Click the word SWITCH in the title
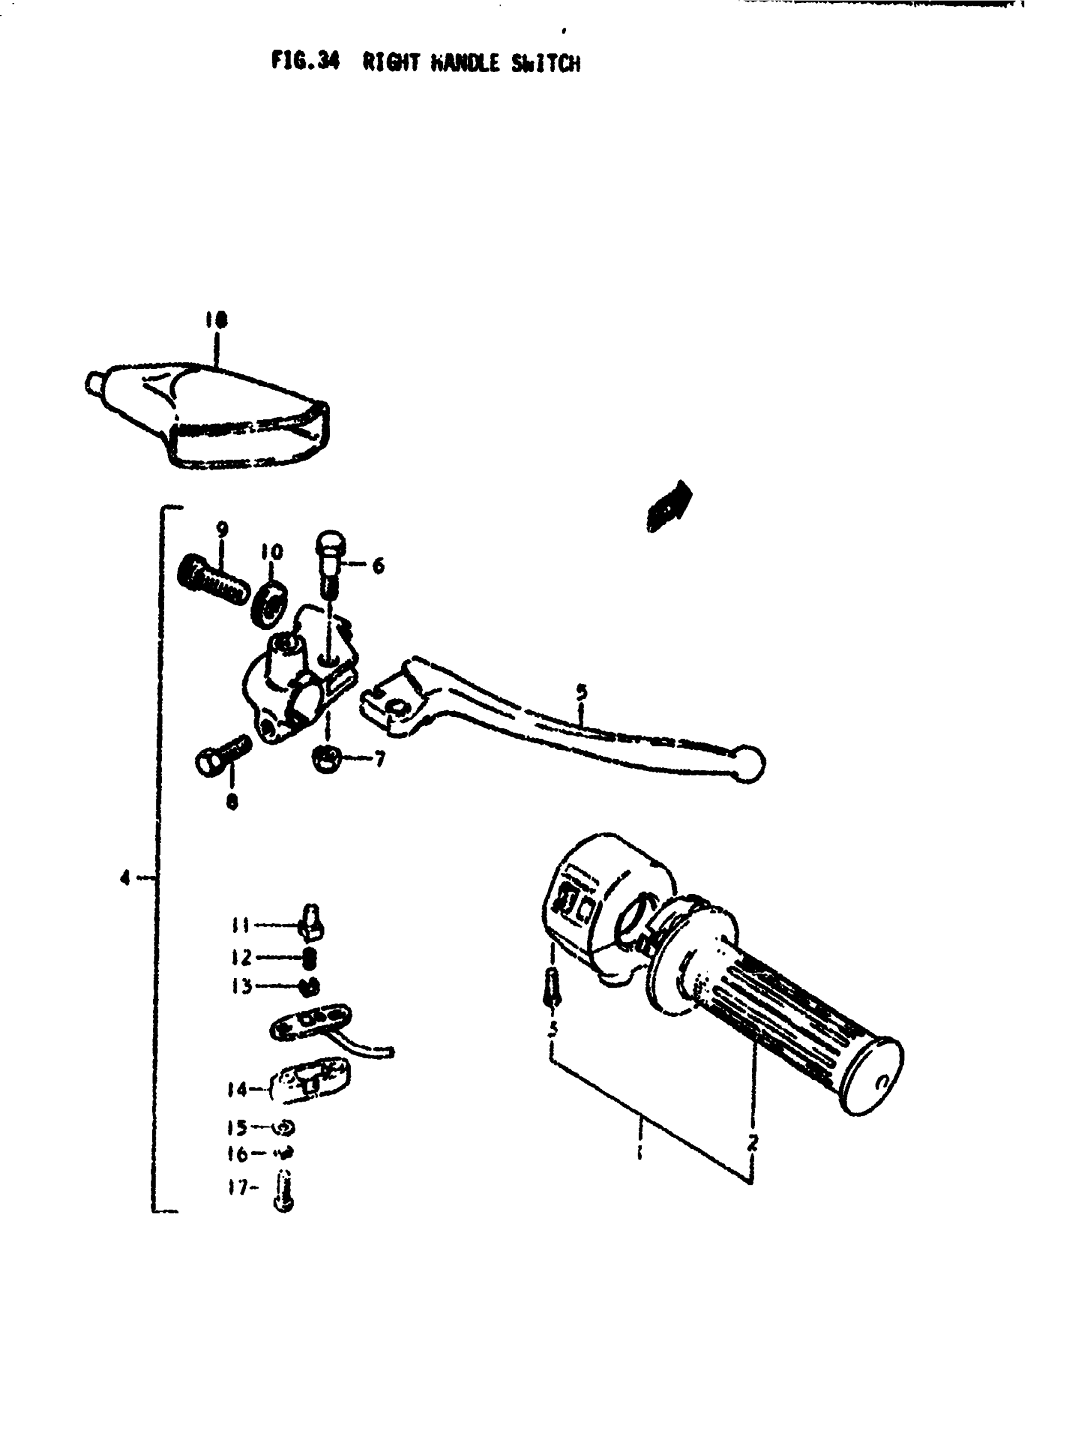[x=546, y=64]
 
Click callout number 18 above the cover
[x=217, y=319]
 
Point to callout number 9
[x=222, y=530]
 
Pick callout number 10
[x=271, y=552]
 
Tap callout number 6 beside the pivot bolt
[x=378, y=567]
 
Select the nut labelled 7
[x=327, y=758]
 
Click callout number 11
[x=239, y=925]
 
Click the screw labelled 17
[x=283, y=1192]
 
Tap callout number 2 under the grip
[x=752, y=1144]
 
